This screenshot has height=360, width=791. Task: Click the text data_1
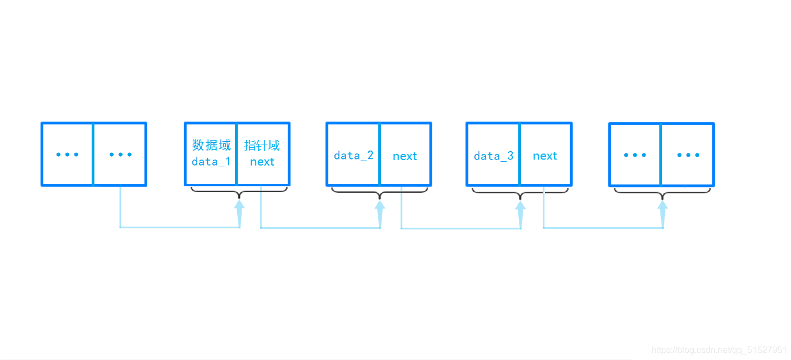[x=211, y=162]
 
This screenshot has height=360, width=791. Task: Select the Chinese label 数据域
[x=211, y=145]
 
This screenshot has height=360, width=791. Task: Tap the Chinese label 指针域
[x=262, y=145]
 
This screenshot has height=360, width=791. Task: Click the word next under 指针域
[x=262, y=162]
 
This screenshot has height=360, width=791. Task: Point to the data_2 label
[x=353, y=156]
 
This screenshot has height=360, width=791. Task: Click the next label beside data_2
[x=405, y=156]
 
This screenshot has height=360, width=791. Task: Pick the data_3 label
[x=493, y=156]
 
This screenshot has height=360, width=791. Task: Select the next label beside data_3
[x=545, y=156]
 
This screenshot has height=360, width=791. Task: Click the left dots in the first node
[x=67, y=154]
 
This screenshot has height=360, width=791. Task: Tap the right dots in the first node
[x=121, y=154]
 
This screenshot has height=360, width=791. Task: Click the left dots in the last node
[x=635, y=155]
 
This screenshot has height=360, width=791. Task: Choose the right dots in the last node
[x=688, y=155]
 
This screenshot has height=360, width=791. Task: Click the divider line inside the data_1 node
[x=236, y=154]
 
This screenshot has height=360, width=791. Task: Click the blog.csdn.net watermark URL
[x=719, y=350]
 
